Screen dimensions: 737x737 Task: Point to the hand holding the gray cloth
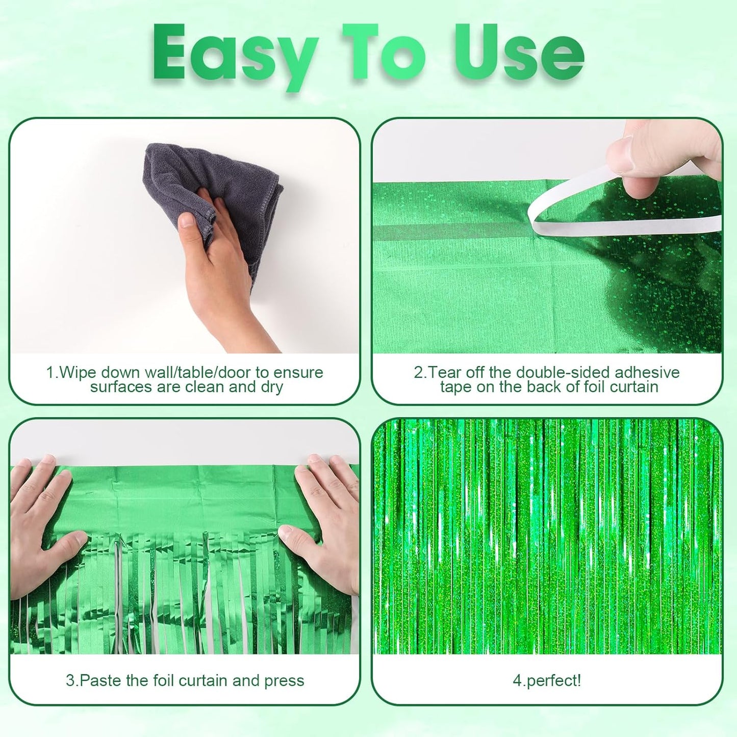(x=224, y=275)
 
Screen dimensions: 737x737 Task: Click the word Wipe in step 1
(x=78, y=372)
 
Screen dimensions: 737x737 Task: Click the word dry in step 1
(x=271, y=387)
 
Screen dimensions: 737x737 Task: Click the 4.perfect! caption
(x=547, y=680)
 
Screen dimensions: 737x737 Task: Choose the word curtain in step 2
(x=633, y=387)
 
